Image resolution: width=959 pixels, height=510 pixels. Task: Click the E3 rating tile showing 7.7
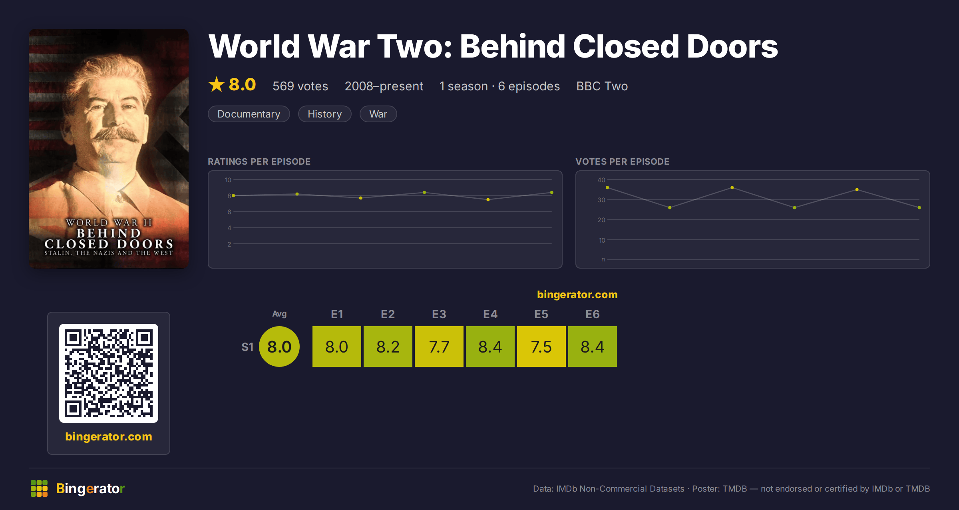[x=439, y=347]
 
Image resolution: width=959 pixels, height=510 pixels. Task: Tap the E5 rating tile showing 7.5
[x=541, y=347]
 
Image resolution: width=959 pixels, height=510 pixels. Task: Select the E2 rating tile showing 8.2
[x=388, y=347]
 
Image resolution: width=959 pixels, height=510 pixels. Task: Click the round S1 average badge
[x=279, y=347]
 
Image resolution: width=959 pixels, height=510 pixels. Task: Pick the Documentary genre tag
[x=249, y=114]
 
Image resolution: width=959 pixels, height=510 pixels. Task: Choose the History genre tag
[x=324, y=114]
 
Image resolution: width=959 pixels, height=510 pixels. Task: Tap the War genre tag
[x=378, y=114]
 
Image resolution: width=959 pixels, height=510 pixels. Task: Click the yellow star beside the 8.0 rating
[x=217, y=84]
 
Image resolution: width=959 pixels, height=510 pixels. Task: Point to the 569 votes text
[x=300, y=86]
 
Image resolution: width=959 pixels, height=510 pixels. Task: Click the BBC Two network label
[x=602, y=86]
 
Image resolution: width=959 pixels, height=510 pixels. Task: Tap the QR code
[x=109, y=373]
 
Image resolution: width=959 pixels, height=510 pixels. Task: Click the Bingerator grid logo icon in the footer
[x=39, y=488]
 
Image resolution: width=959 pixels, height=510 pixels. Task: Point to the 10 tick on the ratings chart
[x=228, y=180]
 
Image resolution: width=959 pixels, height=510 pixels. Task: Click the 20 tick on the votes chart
[x=601, y=220]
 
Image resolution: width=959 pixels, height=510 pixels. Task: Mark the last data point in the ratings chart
[x=552, y=193]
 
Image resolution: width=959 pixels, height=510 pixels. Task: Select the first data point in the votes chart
[x=607, y=187]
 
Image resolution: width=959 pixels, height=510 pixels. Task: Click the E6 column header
[x=592, y=314]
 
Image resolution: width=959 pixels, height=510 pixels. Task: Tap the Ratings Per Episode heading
[x=259, y=161]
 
